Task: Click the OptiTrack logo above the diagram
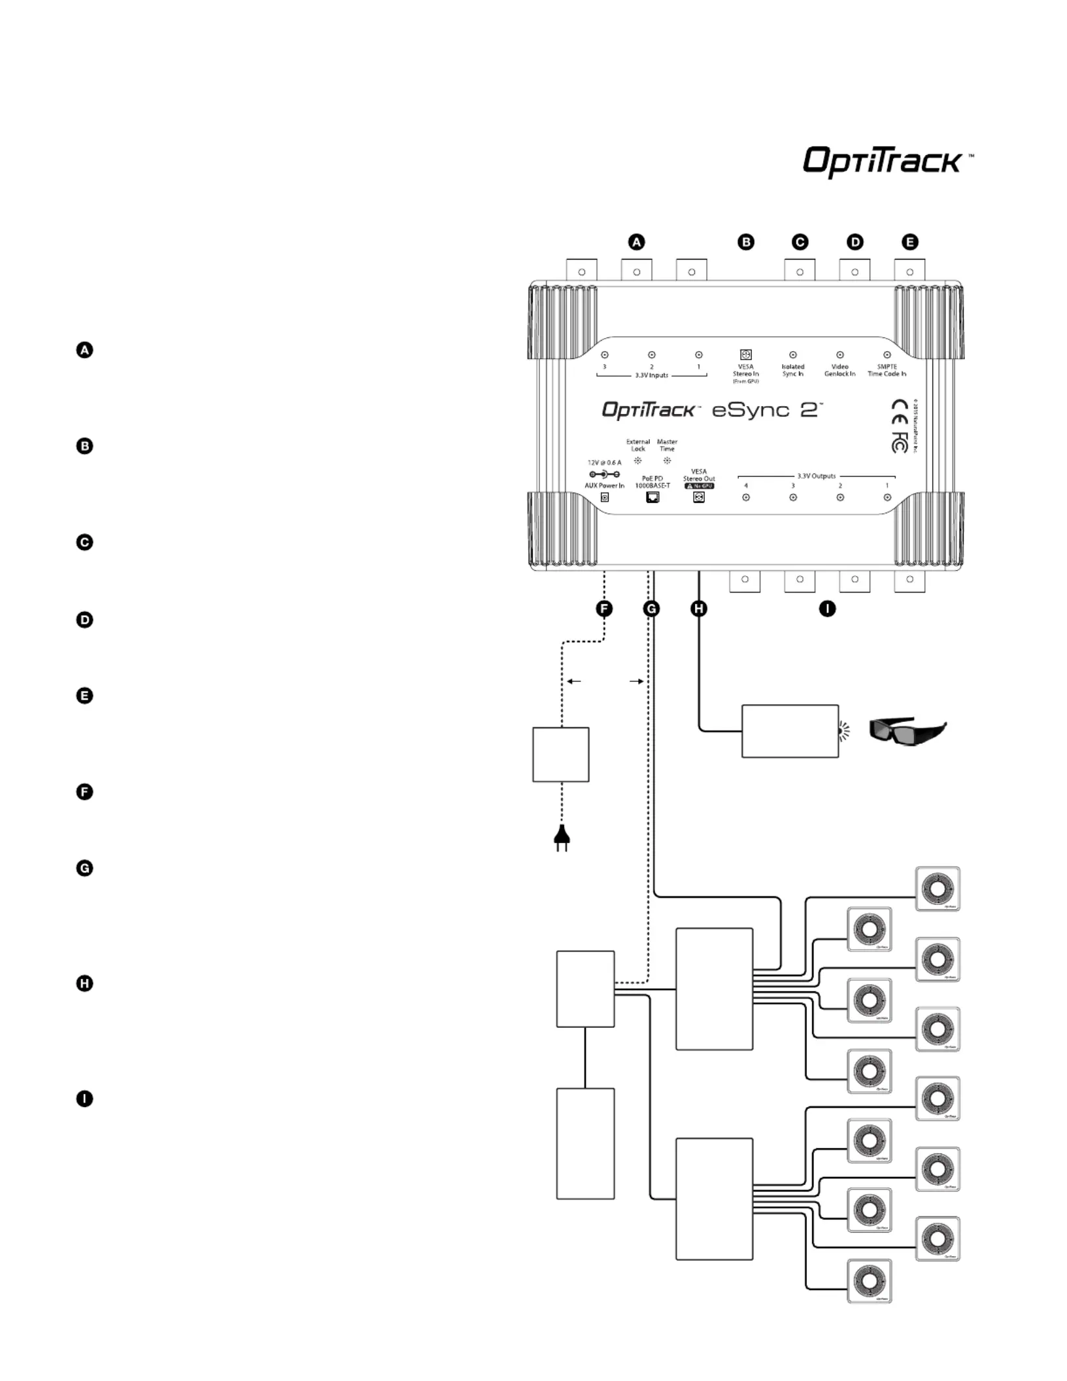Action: point(883,161)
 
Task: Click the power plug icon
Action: point(561,838)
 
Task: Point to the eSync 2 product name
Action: point(766,411)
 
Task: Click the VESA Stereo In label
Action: point(745,371)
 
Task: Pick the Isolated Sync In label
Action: point(792,370)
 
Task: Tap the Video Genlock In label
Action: point(839,370)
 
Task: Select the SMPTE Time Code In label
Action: point(887,370)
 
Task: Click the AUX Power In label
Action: point(604,486)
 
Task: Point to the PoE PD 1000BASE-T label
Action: point(652,483)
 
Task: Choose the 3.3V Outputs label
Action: point(816,476)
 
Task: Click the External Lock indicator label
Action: point(638,445)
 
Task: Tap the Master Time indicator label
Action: point(667,445)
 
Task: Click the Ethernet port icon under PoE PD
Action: point(652,498)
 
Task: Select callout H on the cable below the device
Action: point(699,609)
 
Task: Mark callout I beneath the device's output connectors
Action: point(827,609)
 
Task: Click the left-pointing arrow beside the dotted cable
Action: point(573,681)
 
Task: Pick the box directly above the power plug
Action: point(561,755)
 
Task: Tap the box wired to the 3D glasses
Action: point(790,731)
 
